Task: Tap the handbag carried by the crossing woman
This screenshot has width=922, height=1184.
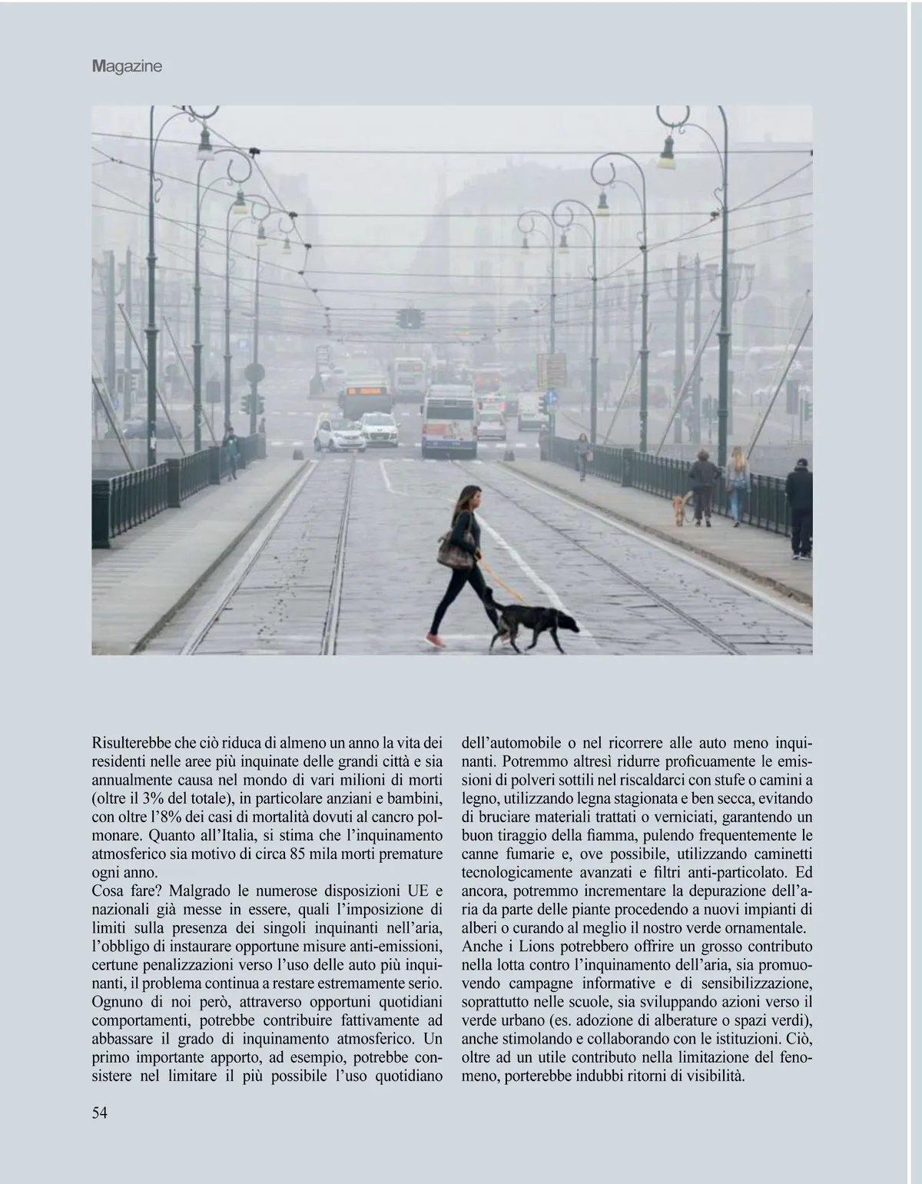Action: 456,550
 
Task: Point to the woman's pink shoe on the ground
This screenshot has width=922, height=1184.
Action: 436,640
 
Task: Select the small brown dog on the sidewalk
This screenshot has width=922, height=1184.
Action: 678,509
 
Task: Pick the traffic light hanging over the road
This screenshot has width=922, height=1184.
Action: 410,318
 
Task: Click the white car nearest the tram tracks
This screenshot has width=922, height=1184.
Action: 340,433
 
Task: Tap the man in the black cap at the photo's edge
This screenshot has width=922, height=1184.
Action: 799,507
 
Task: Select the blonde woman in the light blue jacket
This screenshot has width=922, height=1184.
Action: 738,484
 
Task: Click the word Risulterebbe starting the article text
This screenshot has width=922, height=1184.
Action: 131,743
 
